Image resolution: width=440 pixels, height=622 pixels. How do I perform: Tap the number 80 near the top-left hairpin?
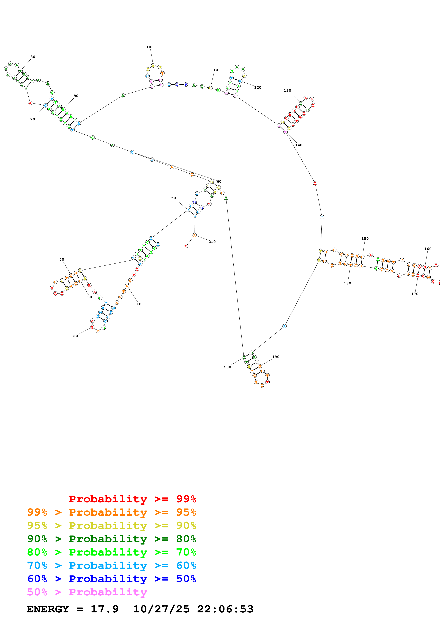[33, 57]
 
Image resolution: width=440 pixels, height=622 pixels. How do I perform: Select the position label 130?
[287, 90]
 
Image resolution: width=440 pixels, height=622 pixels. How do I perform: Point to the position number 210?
[212, 242]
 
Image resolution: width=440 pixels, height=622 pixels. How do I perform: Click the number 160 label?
[428, 249]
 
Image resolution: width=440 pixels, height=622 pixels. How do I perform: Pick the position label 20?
[75, 336]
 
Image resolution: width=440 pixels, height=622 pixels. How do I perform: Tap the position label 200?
[228, 367]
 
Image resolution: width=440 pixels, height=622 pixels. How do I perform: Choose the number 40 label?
[62, 260]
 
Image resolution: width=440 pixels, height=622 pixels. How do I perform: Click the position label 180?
[347, 283]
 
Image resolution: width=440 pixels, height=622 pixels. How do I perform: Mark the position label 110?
[214, 70]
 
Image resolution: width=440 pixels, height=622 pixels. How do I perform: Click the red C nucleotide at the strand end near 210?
[186, 246]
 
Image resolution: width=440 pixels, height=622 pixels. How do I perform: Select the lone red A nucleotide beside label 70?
[30, 103]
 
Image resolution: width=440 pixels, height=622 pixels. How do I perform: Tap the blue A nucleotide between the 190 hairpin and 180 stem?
[284, 326]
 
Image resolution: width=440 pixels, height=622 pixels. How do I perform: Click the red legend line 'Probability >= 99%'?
[132, 499]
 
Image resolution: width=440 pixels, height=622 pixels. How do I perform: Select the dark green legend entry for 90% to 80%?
[112, 539]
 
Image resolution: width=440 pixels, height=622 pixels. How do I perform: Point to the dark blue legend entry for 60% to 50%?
[112, 579]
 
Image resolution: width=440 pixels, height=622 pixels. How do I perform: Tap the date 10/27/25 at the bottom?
[161, 609]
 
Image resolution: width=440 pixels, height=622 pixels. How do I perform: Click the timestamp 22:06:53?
[225, 609]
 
